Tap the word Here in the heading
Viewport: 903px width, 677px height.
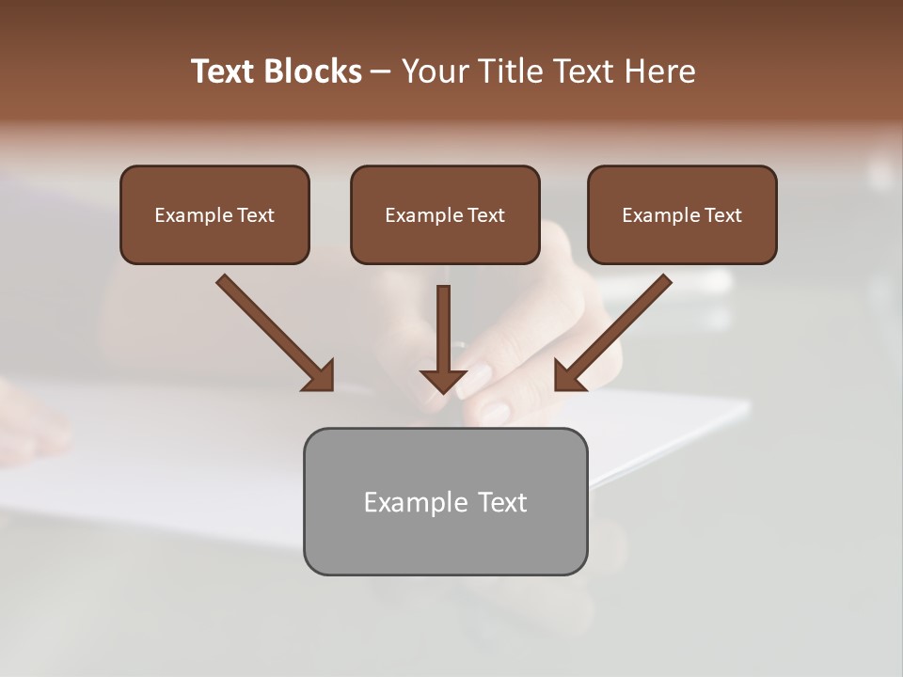tap(658, 71)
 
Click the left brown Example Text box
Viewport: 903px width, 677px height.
tap(214, 214)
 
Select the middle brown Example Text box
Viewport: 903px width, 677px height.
tap(445, 214)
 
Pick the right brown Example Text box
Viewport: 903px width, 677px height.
tap(682, 214)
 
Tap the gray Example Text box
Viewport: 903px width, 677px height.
tap(445, 501)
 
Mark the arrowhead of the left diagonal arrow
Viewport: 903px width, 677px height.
tap(320, 376)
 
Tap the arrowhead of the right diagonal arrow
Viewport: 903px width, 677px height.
tap(569, 376)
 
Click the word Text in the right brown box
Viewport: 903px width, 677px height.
tap(722, 215)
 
